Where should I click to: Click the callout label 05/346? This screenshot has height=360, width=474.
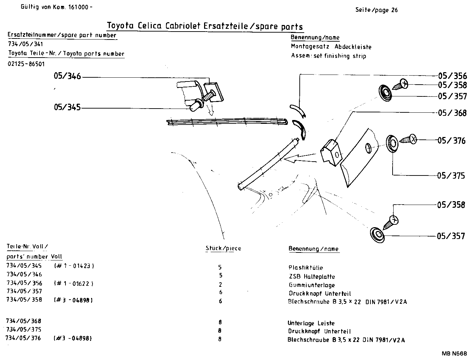point(67,76)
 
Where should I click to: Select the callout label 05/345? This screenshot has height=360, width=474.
point(67,108)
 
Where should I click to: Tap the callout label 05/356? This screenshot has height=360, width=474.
point(452,76)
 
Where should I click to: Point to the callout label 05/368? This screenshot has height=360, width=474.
point(452,113)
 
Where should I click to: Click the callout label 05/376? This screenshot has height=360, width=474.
point(451,140)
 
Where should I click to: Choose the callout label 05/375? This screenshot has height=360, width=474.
point(451,175)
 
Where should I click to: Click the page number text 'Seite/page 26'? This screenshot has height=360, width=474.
point(376,10)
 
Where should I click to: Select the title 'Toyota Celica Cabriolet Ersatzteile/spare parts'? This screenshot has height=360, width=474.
point(204,27)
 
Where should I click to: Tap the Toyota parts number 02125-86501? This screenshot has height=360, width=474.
point(26,64)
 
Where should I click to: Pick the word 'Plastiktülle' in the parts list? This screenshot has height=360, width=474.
point(306,268)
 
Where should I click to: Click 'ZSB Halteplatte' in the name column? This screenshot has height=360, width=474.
point(312,277)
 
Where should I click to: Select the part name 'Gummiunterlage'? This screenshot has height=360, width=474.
point(311,285)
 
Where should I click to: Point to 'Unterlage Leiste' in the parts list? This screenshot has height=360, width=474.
point(311,323)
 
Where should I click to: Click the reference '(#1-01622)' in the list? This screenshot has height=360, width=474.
point(74,284)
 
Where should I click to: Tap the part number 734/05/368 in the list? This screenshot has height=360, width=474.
point(24,321)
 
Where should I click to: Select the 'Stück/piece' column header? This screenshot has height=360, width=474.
point(223,248)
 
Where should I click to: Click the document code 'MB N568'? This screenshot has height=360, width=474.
point(454,354)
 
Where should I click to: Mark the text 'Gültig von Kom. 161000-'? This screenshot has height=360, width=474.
point(56,7)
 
